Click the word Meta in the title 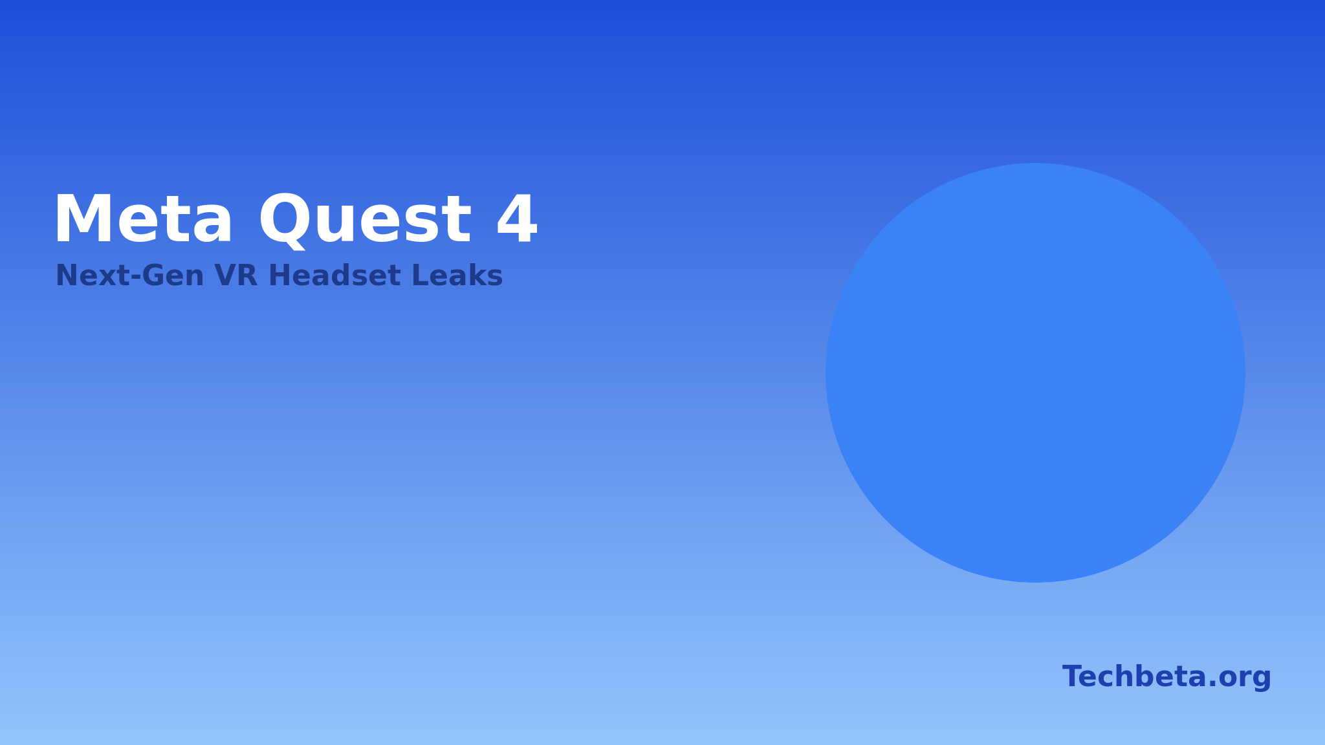click(143, 220)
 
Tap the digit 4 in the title click(516, 219)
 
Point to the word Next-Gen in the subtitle click(130, 276)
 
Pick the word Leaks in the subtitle click(457, 275)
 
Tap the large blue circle click(1035, 372)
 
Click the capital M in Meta click(81, 219)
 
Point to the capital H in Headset click(279, 275)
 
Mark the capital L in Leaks click(421, 275)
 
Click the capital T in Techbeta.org click(1073, 677)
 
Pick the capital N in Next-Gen click(67, 275)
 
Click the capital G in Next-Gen click(154, 275)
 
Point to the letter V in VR click(225, 275)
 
